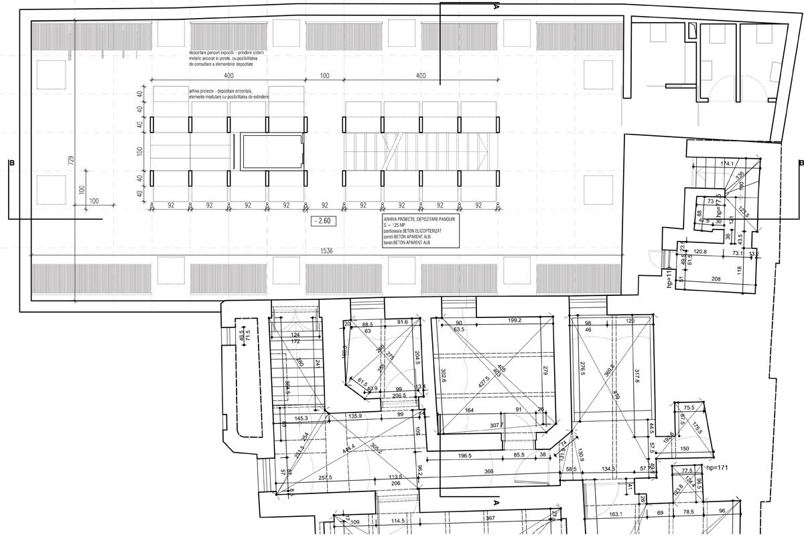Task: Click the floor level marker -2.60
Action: (x=322, y=220)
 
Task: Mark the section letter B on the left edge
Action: (x=10, y=162)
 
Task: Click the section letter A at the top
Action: (x=496, y=8)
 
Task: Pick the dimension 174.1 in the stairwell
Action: (x=726, y=163)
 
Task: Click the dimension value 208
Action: (x=716, y=278)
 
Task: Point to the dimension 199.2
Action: (x=515, y=321)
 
